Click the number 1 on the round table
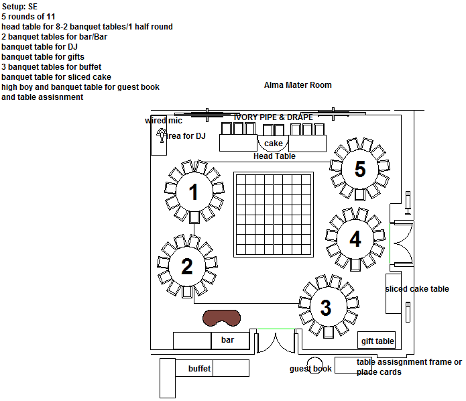(194, 192)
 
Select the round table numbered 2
(187, 266)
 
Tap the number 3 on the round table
(326, 307)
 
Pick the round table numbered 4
(355, 239)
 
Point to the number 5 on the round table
(360, 169)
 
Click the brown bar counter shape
(222, 318)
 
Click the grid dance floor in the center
(274, 215)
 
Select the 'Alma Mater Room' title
(298, 85)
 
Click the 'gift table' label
(377, 341)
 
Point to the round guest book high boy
(314, 365)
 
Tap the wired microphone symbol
(162, 135)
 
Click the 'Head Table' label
(274, 156)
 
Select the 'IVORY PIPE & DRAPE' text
(274, 117)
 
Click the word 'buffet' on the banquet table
(199, 369)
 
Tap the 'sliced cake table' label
(417, 288)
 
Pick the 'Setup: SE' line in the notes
(19, 7)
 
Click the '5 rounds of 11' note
(28, 17)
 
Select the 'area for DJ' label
(185, 136)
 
